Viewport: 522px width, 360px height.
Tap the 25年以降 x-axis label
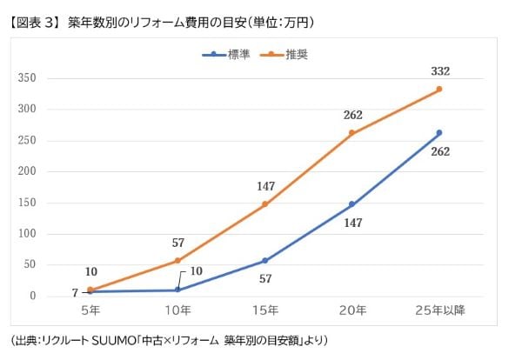point(439,310)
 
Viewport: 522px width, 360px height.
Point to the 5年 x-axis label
point(90,310)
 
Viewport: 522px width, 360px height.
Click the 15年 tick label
point(264,310)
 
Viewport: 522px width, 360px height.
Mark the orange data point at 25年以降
point(439,89)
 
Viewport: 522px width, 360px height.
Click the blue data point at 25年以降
point(439,133)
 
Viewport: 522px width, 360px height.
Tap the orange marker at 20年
point(351,133)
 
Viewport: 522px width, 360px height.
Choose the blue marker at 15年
point(264,261)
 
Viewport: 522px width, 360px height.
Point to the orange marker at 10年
point(177,261)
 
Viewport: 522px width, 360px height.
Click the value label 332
point(439,70)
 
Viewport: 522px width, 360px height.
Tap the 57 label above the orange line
point(177,242)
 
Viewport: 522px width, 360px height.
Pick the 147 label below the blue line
point(351,223)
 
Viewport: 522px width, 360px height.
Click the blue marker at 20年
point(351,204)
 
